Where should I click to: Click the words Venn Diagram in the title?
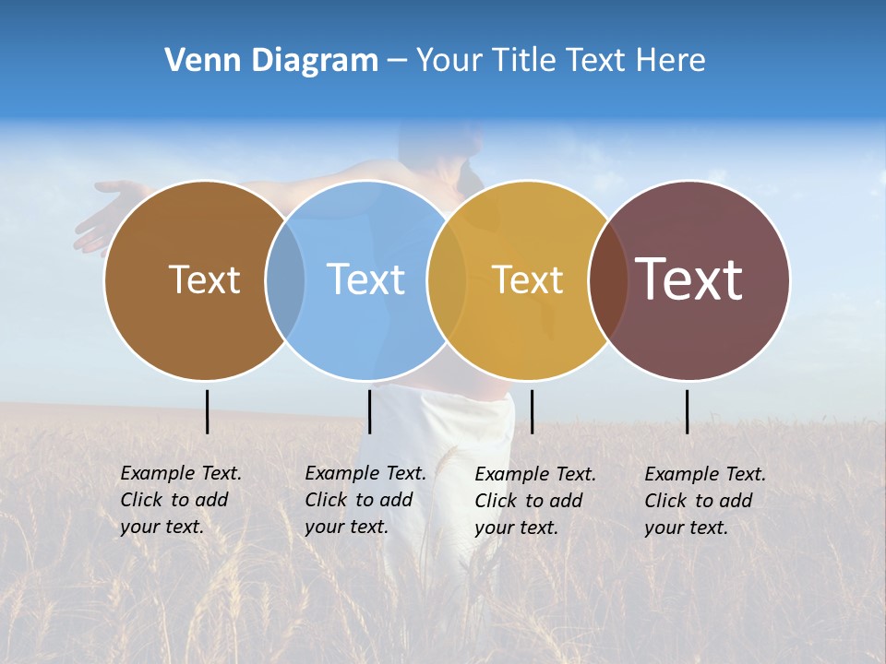(x=271, y=61)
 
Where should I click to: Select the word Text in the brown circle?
(x=204, y=279)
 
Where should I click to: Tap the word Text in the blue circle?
(x=365, y=279)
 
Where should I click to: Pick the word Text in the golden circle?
(x=527, y=279)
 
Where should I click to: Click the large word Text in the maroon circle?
(x=689, y=279)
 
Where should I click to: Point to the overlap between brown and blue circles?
(x=285, y=279)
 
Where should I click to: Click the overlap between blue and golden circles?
(x=447, y=279)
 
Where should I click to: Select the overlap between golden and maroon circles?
(x=608, y=279)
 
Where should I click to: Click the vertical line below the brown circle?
(x=208, y=411)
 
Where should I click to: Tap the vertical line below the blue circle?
(x=369, y=411)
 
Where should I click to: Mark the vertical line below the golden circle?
(x=532, y=411)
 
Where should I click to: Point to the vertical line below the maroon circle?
(x=688, y=411)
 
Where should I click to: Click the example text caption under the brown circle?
(x=181, y=500)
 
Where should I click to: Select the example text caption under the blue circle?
(x=365, y=500)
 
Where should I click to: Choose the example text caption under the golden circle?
(x=535, y=501)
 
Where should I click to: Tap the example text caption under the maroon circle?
(x=705, y=501)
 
